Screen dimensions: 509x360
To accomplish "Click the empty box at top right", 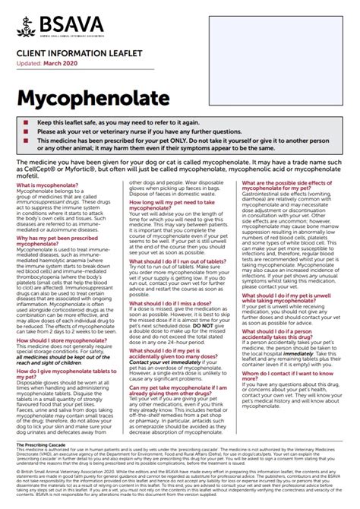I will [x=278, y=36].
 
